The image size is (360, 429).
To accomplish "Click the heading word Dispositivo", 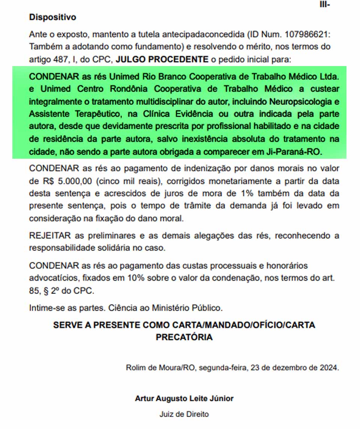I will coord(52,17).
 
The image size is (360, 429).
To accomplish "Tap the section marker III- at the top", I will coord(325,4).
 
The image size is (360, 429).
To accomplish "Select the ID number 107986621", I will coord(306,34).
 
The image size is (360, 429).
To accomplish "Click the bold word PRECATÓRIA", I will coord(184,337).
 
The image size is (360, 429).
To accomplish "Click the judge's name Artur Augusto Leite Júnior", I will coord(184,398).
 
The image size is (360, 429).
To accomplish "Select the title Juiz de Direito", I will coord(184,414).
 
